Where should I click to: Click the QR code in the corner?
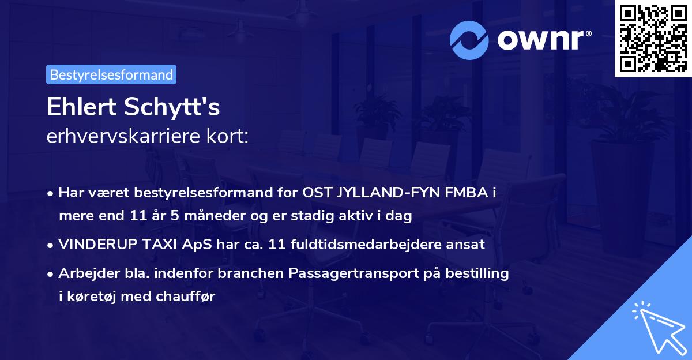pyautogui.click(x=653, y=38)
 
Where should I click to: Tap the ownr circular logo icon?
pyautogui.click(x=469, y=40)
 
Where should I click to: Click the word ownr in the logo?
pyautogui.click(x=543, y=40)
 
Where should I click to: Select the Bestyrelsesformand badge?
pyautogui.click(x=111, y=74)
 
